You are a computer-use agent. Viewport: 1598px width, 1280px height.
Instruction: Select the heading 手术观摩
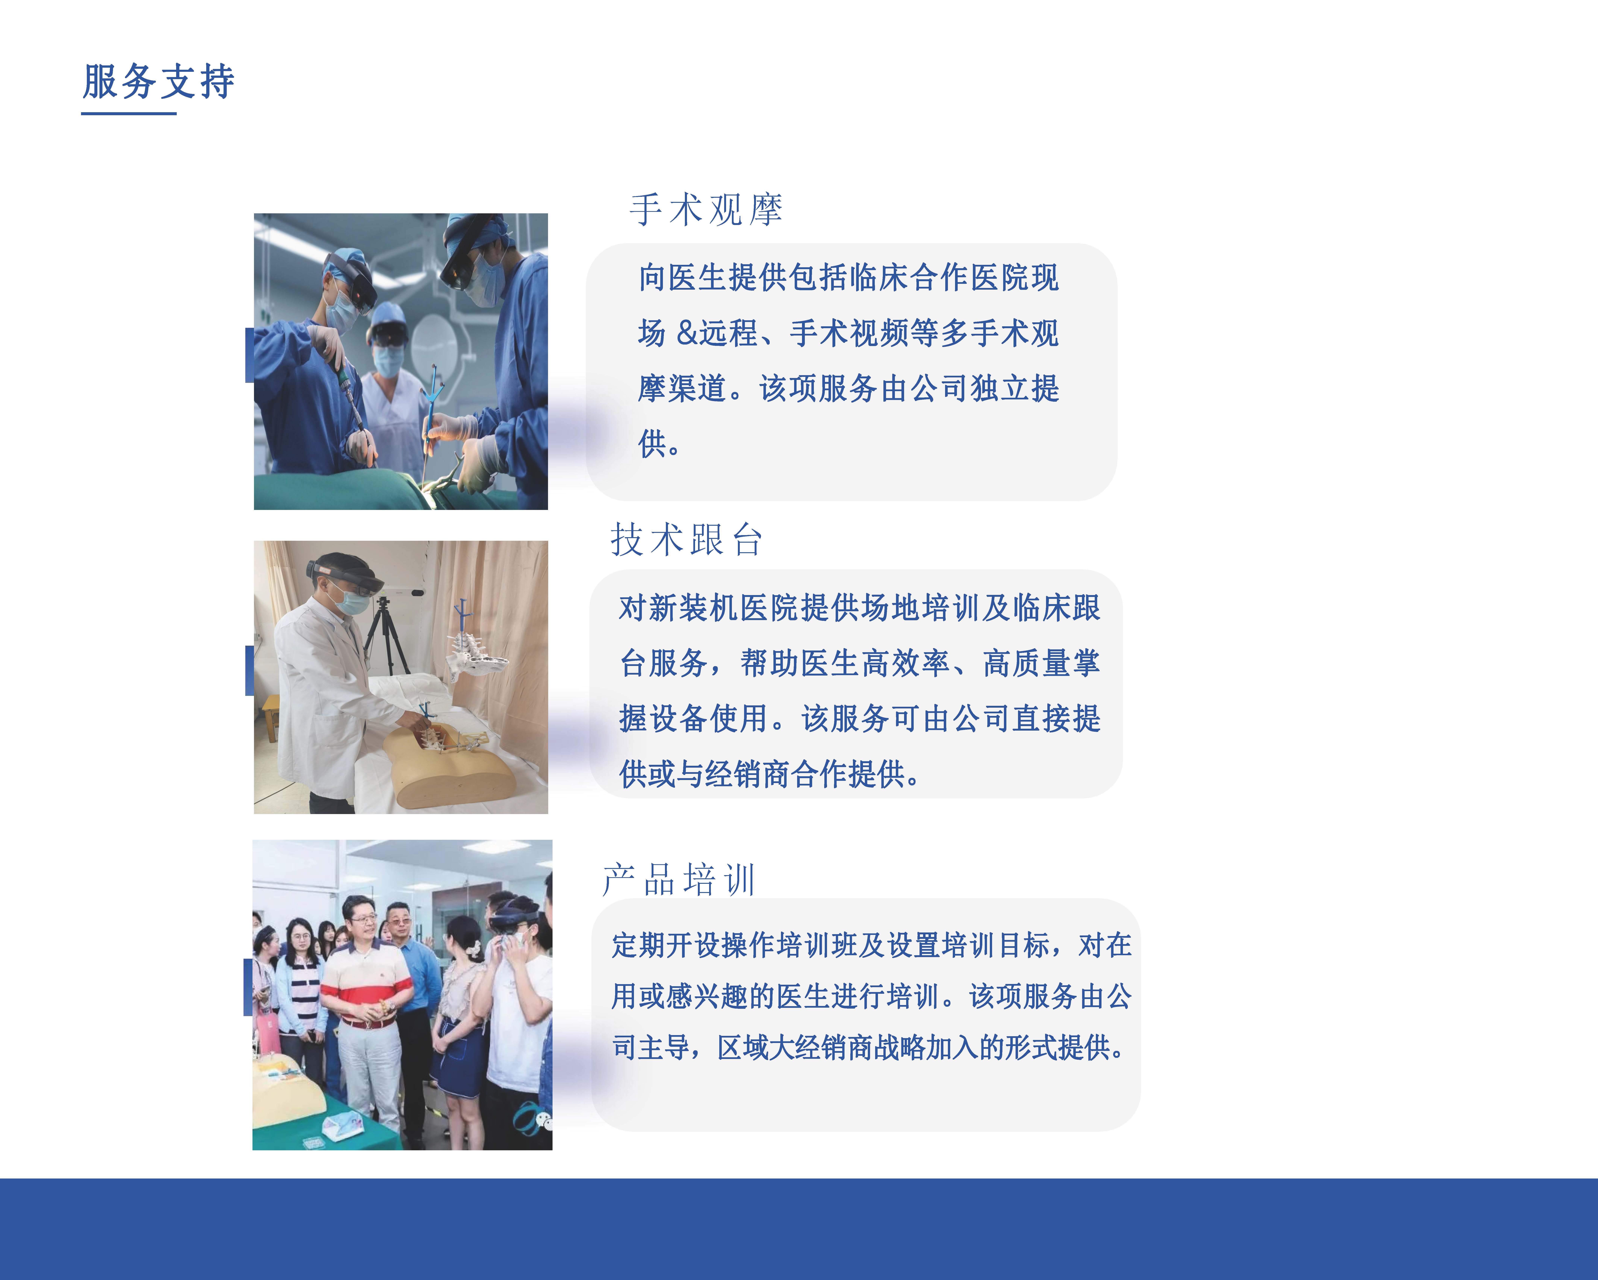(x=706, y=210)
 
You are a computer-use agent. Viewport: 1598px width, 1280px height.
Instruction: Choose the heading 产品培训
(x=679, y=880)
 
